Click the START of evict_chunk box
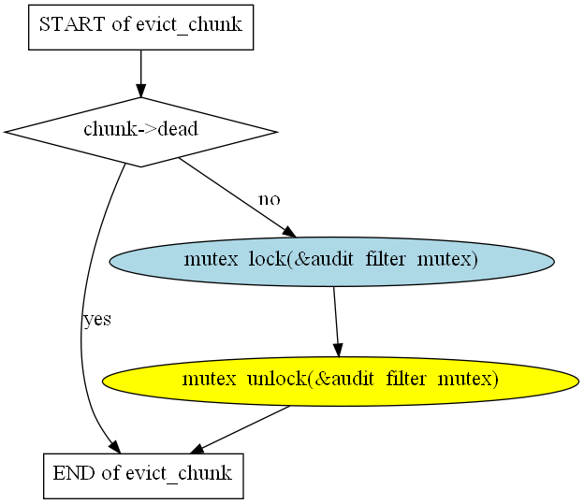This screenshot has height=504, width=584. click(x=140, y=27)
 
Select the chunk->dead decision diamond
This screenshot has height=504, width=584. click(x=140, y=132)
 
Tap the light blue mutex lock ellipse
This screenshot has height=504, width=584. click(x=332, y=262)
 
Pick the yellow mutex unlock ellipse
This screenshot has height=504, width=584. click(x=341, y=382)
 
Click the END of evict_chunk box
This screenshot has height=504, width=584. click(x=143, y=476)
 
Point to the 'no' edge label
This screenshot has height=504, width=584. click(x=270, y=199)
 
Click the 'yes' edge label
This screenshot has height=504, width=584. click(x=97, y=320)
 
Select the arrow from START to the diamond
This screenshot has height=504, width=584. click(x=140, y=74)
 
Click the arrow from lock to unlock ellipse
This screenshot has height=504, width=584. click(x=336, y=322)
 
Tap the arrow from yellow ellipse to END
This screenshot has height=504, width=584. click(x=241, y=429)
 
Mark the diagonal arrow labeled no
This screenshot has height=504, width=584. click(x=238, y=197)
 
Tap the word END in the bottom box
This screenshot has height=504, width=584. click(x=75, y=473)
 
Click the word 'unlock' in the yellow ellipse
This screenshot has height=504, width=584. click(x=276, y=380)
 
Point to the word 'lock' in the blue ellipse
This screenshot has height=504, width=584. click(x=267, y=259)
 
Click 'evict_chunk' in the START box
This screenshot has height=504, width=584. click(x=189, y=25)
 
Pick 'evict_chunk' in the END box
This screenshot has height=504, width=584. click(x=179, y=474)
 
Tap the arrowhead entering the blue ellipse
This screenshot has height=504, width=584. click(x=289, y=232)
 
